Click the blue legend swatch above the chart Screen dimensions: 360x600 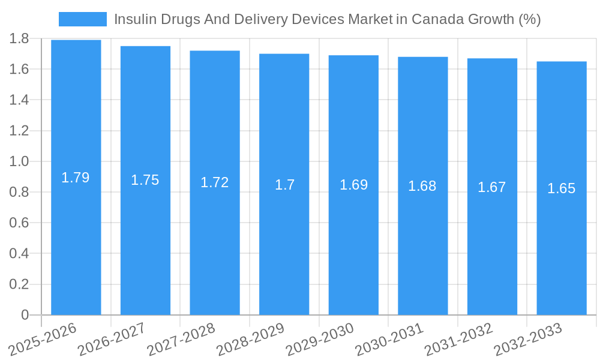(x=82, y=19)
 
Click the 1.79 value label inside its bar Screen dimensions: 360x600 (x=76, y=178)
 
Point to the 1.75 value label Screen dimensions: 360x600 (x=145, y=180)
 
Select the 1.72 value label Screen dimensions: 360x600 (x=214, y=182)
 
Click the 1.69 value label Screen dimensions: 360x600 (x=353, y=185)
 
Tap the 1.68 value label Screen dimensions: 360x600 (x=422, y=186)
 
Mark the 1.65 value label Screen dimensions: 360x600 (x=562, y=188)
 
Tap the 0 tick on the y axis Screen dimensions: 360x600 (x=25, y=315)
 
